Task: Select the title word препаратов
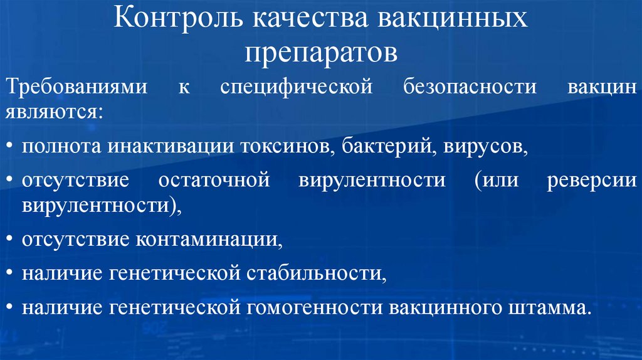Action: [x=321, y=53]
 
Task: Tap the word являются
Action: [x=54, y=113]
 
